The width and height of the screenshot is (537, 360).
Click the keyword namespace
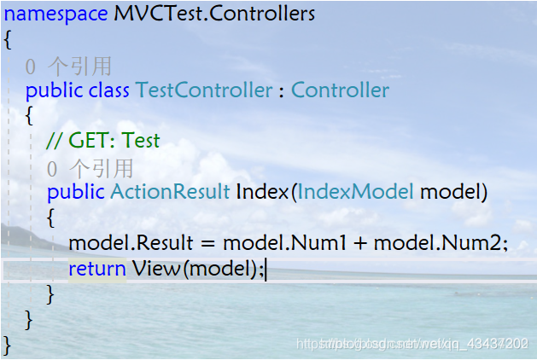pyautogui.click(x=56, y=15)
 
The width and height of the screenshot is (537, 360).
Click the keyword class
pyautogui.click(x=108, y=90)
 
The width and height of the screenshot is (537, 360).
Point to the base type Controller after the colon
pyautogui.click(x=340, y=90)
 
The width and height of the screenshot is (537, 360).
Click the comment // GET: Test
pyautogui.click(x=103, y=141)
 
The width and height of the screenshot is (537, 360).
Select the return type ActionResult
pyautogui.click(x=170, y=192)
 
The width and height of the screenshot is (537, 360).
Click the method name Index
pyautogui.click(x=262, y=192)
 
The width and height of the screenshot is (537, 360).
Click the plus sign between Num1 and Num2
pyautogui.click(x=360, y=245)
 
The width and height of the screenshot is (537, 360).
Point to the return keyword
pyautogui.click(x=96, y=270)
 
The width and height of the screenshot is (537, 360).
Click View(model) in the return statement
pyautogui.click(x=197, y=270)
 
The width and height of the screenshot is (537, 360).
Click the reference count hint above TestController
pyautogui.click(x=68, y=66)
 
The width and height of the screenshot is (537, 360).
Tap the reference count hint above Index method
pyautogui.click(x=90, y=168)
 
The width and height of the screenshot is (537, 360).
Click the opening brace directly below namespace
pyautogui.click(x=8, y=39)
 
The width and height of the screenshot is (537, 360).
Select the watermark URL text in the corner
pyautogui.click(x=412, y=343)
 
